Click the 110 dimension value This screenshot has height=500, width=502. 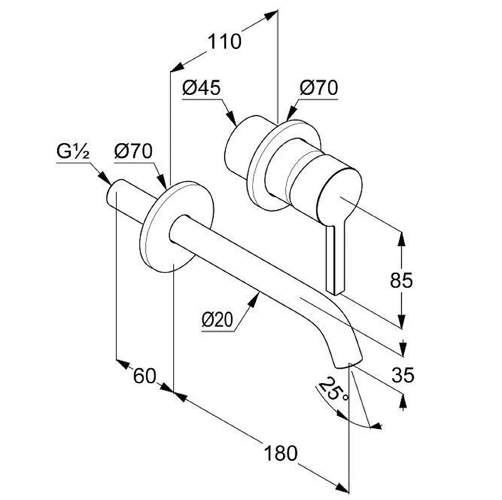(x=225, y=41)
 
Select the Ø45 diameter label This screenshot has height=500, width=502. (x=201, y=88)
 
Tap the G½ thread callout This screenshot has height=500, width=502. (x=73, y=151)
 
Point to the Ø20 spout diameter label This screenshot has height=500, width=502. (x=218, y=320)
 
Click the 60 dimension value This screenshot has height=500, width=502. (x=144, y=376)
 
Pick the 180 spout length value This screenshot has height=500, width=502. (x=280, y=454)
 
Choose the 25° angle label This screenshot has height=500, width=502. (x=334, y=389)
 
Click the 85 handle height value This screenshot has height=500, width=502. (x=402, y=280)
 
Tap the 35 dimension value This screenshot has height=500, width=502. (x=403, y=375)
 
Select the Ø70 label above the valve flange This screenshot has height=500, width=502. (x=319, y=88)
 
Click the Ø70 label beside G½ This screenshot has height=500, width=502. (x=133, y=151)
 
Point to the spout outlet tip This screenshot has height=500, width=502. (x=348, y=363)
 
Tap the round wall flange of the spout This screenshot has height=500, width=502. (x=176, y=227)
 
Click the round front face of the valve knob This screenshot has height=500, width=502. (x=339, y=195)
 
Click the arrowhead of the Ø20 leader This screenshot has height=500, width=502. (x=255, y=300)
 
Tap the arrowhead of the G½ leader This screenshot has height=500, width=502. (x=106, y=178)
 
